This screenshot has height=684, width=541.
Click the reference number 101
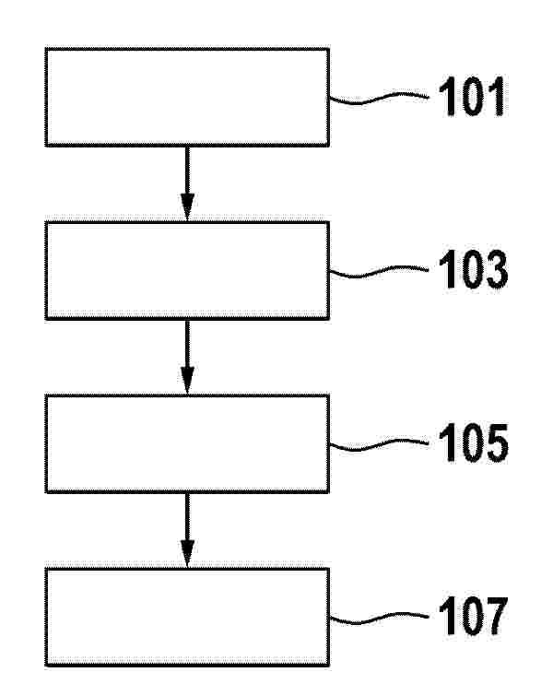coord(472,97)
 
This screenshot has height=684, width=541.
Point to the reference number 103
coord(473,269)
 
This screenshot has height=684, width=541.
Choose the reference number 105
coord(473,442)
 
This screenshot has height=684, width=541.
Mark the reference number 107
coord(473,616)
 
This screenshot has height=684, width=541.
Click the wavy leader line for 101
coord(379,99)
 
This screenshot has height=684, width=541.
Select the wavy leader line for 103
coord(379,271)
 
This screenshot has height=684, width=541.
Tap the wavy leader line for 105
coord(379,444)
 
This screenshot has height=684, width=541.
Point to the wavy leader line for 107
coord(379,618)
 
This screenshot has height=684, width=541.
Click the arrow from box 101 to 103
coord(187,183)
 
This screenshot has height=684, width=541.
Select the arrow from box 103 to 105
coord(187,358)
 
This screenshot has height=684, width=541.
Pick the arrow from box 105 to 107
coord(187,530)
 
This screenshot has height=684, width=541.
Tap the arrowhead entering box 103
coord(187,206)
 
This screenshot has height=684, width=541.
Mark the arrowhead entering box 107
coord(187,553)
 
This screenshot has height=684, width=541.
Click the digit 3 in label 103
coord(496,269)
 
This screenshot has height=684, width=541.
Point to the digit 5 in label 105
coord(496,442)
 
